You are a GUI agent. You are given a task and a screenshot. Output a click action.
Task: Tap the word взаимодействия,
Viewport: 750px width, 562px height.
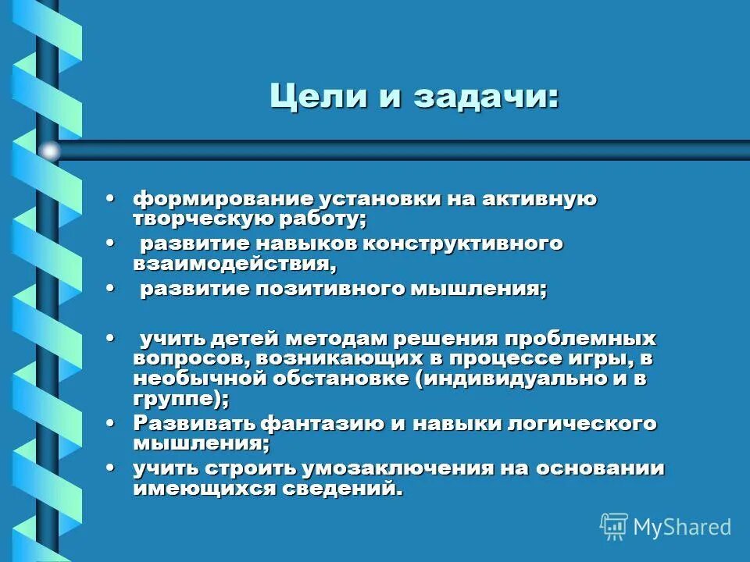point(235,265)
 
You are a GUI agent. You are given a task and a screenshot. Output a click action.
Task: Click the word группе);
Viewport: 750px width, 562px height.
point(181,400)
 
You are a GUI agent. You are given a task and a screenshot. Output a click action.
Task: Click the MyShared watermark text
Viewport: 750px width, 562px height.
point(682,527)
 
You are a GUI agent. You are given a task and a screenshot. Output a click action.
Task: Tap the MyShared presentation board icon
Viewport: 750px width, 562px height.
point(614,527)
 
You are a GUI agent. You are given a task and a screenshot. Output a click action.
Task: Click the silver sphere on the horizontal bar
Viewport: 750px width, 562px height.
point(49,151)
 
